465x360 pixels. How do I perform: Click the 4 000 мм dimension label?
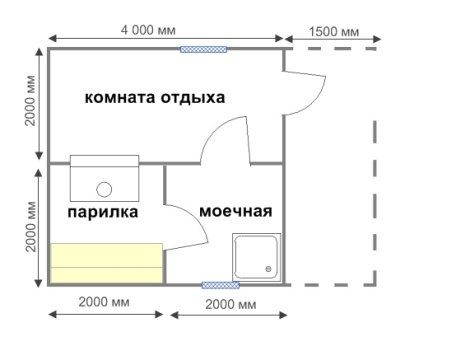[x=148, y=30]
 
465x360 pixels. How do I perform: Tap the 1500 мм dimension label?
[x=334, y=32]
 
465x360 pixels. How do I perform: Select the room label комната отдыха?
[x=155, y=98]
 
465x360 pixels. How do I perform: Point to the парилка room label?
[x=103, y=212]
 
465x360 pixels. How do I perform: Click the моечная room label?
[x=236, y=211]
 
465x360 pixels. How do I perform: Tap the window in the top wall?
[x=203, y=50]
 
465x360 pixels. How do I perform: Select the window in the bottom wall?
[x=221, y=285]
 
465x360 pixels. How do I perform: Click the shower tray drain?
[x=268, y=269]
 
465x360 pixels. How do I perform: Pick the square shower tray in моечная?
[x=256, y=257]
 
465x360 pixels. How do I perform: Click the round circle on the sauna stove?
[x=104, y=190]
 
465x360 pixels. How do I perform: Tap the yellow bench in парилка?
[x=107, y=263]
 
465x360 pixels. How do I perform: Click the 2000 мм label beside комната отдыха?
[x=31, y=101]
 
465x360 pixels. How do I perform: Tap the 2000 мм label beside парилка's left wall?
[x=31, y=227]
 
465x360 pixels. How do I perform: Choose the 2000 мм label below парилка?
[x=104, y=302]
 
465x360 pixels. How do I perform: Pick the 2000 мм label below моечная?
[x=231, y=304]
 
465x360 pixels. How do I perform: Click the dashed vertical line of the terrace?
[x=375, y=203]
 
